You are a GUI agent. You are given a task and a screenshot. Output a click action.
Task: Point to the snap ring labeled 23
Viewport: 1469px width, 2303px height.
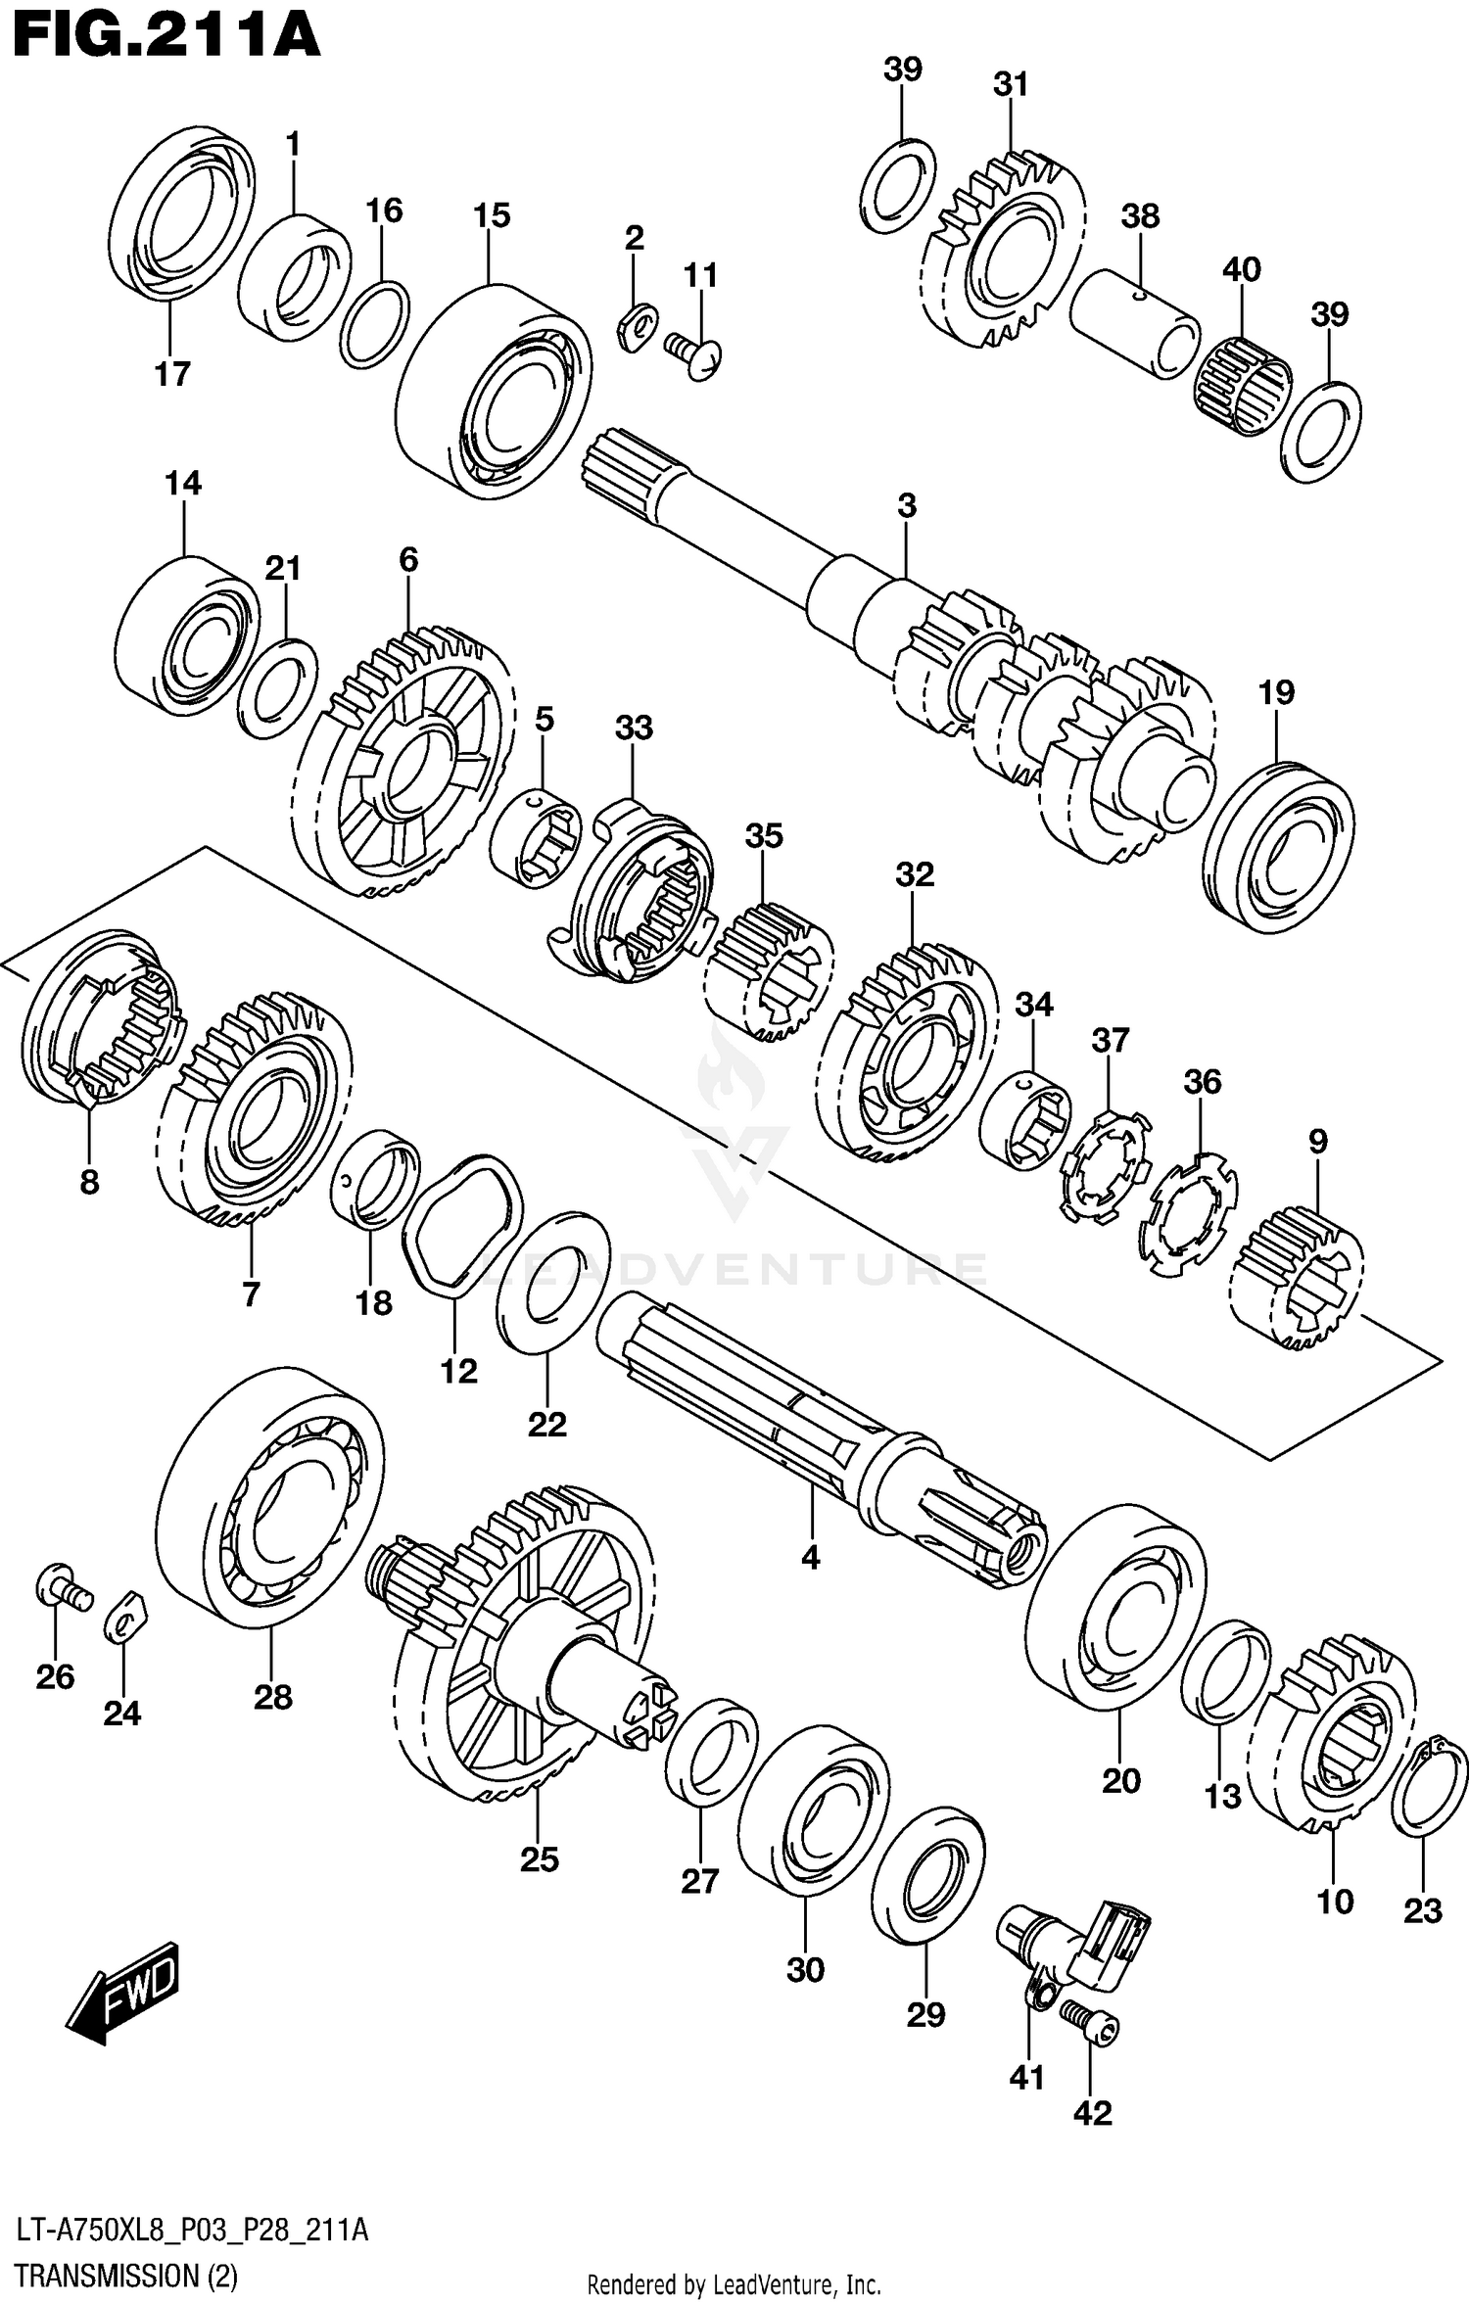point(1429,1786)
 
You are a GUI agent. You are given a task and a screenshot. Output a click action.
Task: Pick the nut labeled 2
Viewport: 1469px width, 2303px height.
point(636,324)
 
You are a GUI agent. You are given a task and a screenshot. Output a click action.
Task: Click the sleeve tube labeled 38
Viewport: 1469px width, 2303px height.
point(1134,323)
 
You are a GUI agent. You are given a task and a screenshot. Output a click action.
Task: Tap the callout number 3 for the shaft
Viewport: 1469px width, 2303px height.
point(907,506)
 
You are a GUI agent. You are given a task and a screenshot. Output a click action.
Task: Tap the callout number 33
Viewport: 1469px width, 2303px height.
point(634,728)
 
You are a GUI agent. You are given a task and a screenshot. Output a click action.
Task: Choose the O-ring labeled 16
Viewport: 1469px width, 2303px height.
point(374,324)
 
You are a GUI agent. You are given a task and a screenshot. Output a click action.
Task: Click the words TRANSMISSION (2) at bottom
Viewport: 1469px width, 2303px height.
point(127,2277)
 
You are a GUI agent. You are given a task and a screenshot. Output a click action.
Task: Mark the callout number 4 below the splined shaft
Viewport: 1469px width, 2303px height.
point(810,1558)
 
